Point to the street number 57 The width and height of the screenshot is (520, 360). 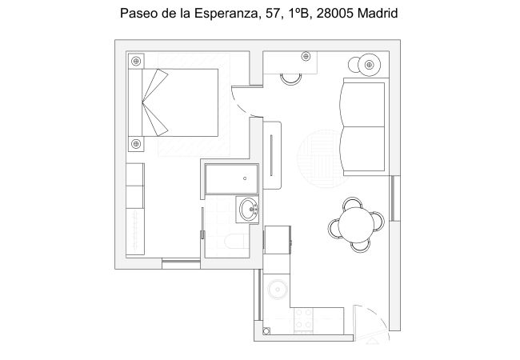pyautogui.click(x=271, y=14)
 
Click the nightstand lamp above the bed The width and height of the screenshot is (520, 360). pyautogui.click(x=136, y=60)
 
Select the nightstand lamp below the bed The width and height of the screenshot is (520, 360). pyautogui.click(x=136, y=144)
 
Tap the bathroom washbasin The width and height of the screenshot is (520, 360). pyautogui.click(x=250, y=210)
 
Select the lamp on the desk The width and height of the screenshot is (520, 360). pyautogui.click(x=305, y=56)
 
